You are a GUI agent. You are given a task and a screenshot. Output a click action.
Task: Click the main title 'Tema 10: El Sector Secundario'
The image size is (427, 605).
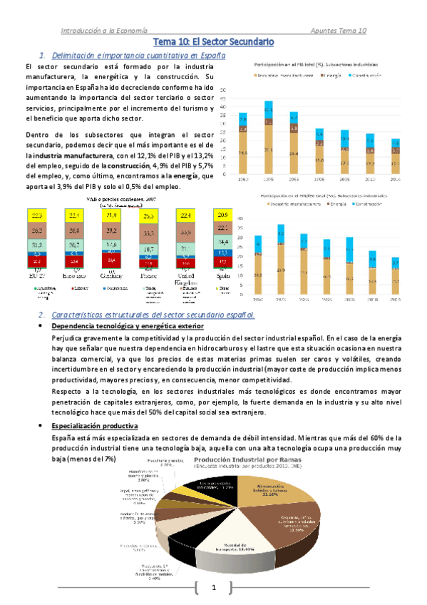[214, 43]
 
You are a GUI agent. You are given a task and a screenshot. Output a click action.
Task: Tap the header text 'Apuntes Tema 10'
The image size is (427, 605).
[339, 31]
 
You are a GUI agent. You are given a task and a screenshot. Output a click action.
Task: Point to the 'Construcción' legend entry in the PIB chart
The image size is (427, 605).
[368, 74]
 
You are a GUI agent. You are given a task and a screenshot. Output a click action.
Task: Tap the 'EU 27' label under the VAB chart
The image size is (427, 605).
[36, 274]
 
